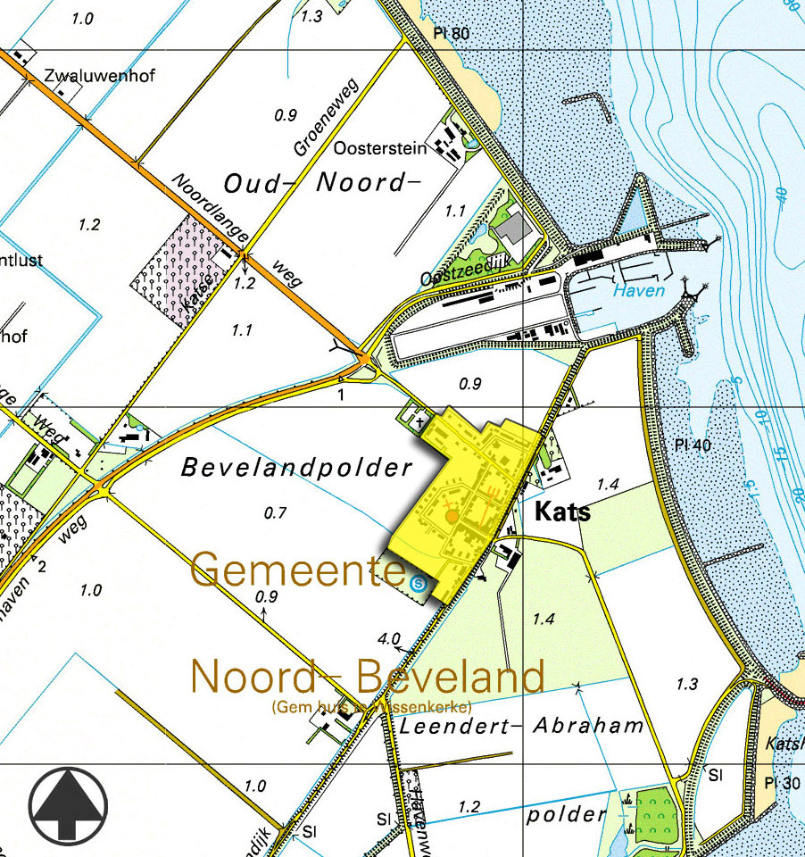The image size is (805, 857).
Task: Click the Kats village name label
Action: pos(562,512)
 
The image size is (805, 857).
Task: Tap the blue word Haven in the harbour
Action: pos(638,291)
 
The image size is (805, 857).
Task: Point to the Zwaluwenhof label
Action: pos(98,76)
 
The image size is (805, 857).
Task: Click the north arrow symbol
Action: pos(67,803)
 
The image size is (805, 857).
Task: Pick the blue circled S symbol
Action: pos(419,583)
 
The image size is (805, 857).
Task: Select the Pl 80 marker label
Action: pos(451,35)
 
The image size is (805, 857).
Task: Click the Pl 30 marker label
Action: pos(782,783)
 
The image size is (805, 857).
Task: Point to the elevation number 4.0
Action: pos(389,639)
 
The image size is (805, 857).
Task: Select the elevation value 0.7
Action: pos(277,512)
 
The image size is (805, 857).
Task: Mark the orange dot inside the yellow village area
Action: pos(452,516)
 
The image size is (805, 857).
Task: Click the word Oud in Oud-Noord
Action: pos(253,184)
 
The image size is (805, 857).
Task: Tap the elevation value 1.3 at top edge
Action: pos(311,16)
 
